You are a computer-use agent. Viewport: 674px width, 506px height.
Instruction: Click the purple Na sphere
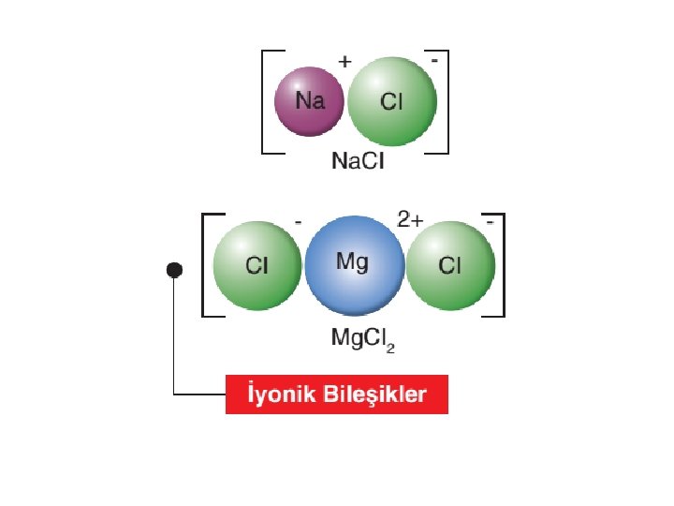[310, 101]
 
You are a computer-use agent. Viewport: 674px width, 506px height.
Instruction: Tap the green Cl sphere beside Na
[391, 101]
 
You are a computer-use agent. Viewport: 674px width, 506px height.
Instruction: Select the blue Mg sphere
[354, 265]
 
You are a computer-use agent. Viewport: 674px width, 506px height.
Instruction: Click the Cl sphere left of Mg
[256, 265]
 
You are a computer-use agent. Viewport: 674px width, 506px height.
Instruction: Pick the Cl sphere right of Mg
[450, 265]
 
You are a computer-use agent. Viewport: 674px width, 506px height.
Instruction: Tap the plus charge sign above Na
[344, 62]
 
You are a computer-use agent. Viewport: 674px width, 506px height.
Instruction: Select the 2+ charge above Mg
[411, 220]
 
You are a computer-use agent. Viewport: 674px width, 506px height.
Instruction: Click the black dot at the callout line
[174, 270]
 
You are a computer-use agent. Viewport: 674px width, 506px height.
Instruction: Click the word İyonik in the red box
[276, 394]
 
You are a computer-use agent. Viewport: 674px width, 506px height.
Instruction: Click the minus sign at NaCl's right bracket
[435, 59]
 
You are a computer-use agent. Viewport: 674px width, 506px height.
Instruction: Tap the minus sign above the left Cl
[297, 223]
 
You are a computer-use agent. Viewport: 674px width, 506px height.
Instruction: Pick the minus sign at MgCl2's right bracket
[491, 223]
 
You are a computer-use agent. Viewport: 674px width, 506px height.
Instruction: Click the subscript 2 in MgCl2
[390, 347]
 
